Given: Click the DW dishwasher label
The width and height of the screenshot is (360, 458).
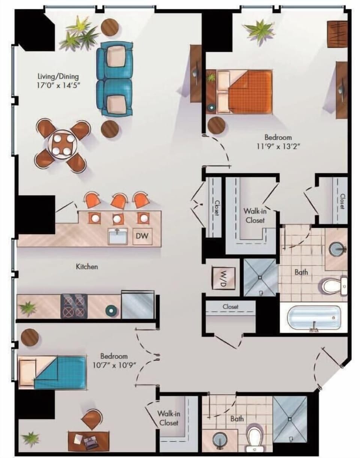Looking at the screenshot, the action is tap(142, 236).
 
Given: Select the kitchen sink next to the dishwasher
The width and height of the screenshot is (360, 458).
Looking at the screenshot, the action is tap(118, 236).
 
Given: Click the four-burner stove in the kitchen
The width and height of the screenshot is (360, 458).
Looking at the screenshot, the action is tap(74, 306).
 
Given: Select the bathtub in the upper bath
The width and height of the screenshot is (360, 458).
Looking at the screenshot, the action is tap(313, 319).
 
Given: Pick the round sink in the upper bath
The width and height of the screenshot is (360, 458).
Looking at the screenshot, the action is tap(337, 250).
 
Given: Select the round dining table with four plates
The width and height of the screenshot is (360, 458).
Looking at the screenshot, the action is tap(62, 145).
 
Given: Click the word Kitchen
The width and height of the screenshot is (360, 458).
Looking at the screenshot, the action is tap(87, 266).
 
